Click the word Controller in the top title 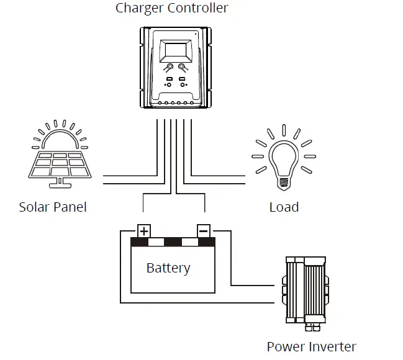click(197, 8)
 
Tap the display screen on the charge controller click(174, 50)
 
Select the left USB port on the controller click(168, 79)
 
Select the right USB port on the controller click(183, 79)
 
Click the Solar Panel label click(53, 207)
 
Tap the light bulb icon click(284, 158)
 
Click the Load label click(284, 207)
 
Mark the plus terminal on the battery click(144, 231)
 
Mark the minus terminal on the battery click(204, 231)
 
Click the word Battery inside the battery click(168, 268)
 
